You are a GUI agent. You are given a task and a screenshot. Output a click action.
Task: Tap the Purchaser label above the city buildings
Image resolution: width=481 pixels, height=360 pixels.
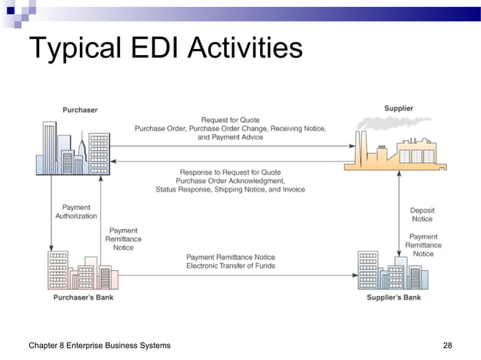coord(79,110)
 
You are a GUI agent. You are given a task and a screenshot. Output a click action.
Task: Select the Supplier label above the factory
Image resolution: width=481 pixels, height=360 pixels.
coord(398,108)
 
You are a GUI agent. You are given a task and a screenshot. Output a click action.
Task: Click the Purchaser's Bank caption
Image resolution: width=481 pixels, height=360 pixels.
coord(83,297)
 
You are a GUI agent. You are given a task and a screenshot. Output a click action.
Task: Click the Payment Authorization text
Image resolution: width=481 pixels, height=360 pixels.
coord(75,212)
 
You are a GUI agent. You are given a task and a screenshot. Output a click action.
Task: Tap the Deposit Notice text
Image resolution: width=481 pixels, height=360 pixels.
coord(422,215)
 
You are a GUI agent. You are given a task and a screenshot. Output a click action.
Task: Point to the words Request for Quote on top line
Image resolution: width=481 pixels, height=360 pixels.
coord(230,120)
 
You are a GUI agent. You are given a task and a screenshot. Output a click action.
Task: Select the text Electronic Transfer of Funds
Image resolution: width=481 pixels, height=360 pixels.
coord(231,266)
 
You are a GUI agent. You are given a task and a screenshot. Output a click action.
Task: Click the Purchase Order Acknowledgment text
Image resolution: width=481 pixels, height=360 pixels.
coord(230,181)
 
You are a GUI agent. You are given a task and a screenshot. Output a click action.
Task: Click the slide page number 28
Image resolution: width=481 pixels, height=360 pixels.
coord(447,346)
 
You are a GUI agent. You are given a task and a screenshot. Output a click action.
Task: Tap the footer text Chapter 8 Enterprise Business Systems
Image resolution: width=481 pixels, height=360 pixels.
coord(99,346)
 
